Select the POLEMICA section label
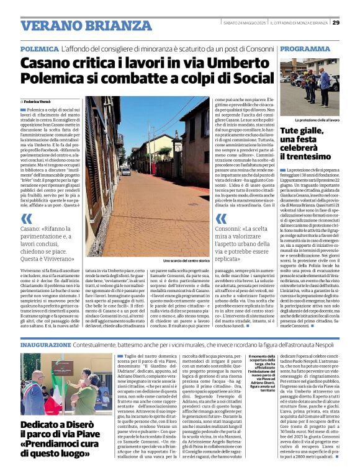coord(40,48)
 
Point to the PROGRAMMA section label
coord(305,48)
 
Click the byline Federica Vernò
coord(38,100)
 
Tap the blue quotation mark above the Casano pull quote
coord(27,218)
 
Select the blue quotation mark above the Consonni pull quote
coord(221,218)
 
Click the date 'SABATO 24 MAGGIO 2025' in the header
coord(243,23)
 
